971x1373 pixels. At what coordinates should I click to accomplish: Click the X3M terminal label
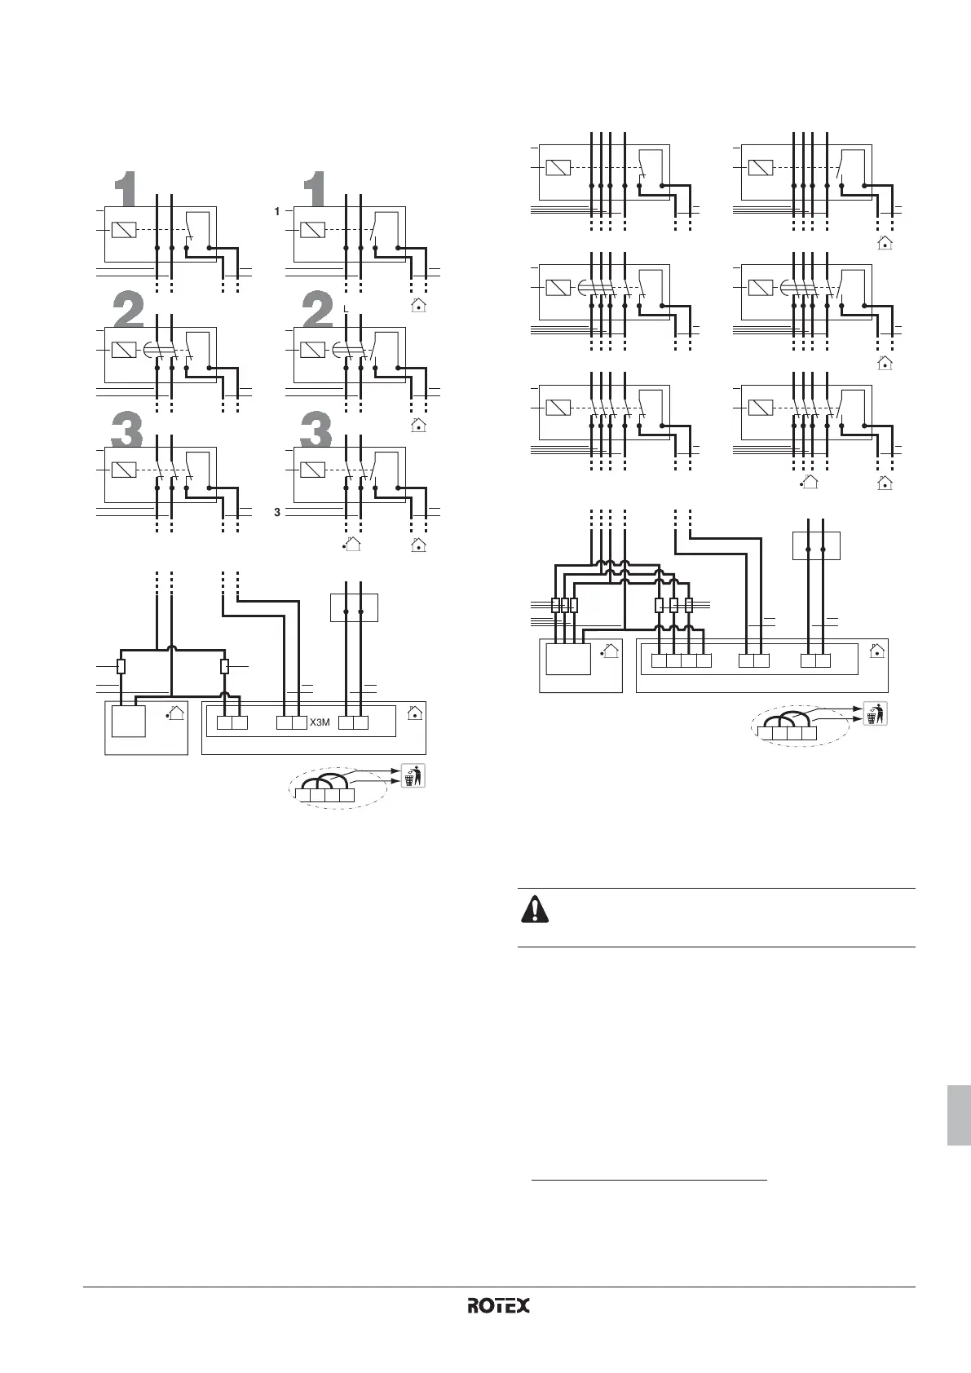click(x=320, y=722)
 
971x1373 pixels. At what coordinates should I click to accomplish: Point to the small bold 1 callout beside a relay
click(x=277, y=211)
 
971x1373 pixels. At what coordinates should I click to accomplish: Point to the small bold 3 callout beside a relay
click(x=277, y=513)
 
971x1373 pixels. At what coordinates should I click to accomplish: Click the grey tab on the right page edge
click(x=959, y=1115)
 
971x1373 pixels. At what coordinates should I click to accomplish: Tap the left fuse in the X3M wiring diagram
click(x=121, y=666)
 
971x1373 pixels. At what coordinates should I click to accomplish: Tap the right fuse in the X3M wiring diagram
click(x=224, y=666)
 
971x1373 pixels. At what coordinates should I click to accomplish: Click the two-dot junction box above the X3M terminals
click(x=353, y=608)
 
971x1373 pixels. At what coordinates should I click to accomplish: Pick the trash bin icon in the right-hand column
click(x=875, y=714)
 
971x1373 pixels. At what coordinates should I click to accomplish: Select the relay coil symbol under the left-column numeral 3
click(x=124, y=470)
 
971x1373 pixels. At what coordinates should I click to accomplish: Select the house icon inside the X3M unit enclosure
click(x=415, y=713)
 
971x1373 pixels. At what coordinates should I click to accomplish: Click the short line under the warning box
click(x=649, y=1179)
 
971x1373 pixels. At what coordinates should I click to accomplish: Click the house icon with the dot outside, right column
click(x=810, y=483)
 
